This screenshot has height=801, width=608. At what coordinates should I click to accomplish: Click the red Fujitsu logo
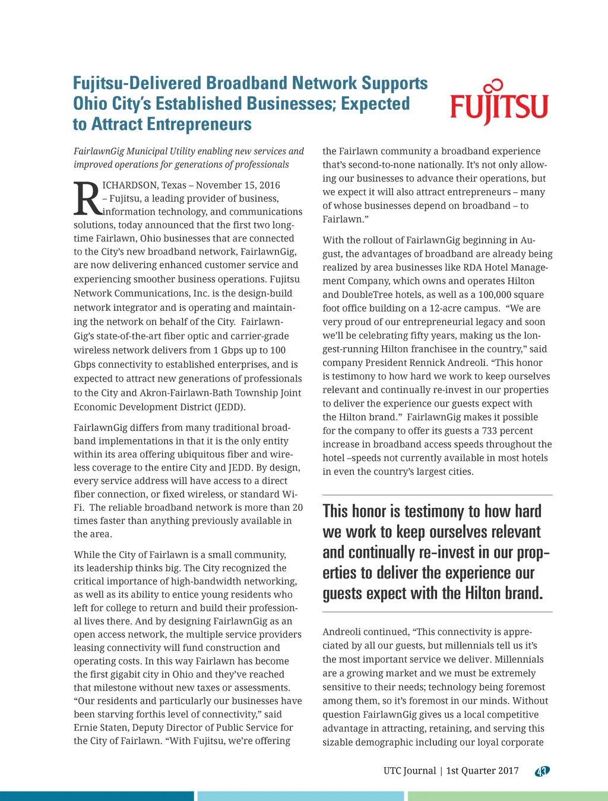pos(499,104)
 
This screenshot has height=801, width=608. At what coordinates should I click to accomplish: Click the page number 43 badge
pos(542,771)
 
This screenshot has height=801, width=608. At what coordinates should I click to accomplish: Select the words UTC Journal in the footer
pos(410,771)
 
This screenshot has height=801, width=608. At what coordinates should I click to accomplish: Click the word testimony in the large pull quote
pos(435,511)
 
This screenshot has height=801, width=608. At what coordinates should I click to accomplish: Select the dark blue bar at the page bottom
pos(97,796)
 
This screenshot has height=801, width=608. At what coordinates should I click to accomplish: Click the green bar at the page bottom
pos(508,796)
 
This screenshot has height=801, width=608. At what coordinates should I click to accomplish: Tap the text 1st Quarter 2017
pos(482,771)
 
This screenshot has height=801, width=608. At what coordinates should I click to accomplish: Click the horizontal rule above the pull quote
pos(438,495)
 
